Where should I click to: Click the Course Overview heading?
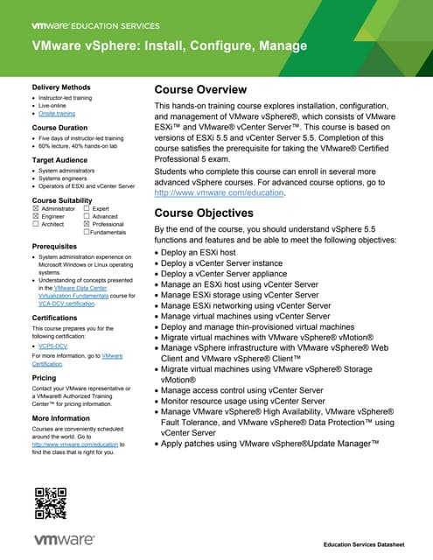[x=200, y=90]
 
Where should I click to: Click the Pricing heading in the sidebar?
[x=44, y=378]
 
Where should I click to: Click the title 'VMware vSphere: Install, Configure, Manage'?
[x=170, y=45]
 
